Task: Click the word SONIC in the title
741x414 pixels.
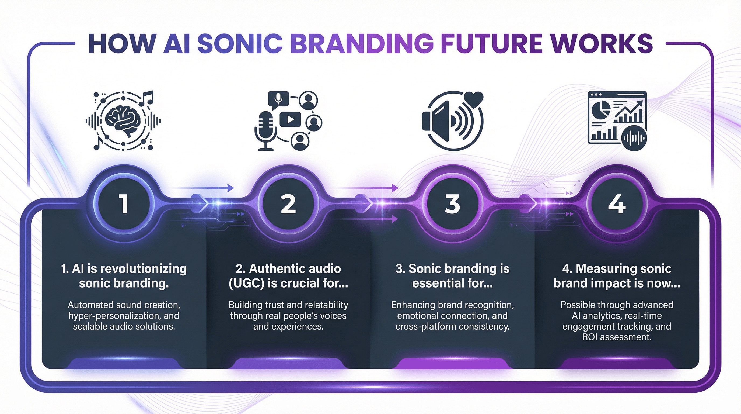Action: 240,44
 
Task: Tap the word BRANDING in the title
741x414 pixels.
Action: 362,44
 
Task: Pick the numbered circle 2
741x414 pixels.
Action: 288,203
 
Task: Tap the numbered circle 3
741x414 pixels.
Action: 452,203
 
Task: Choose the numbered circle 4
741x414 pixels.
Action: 617,203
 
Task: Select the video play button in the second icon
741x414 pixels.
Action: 291,119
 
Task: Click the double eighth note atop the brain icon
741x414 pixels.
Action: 146,98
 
